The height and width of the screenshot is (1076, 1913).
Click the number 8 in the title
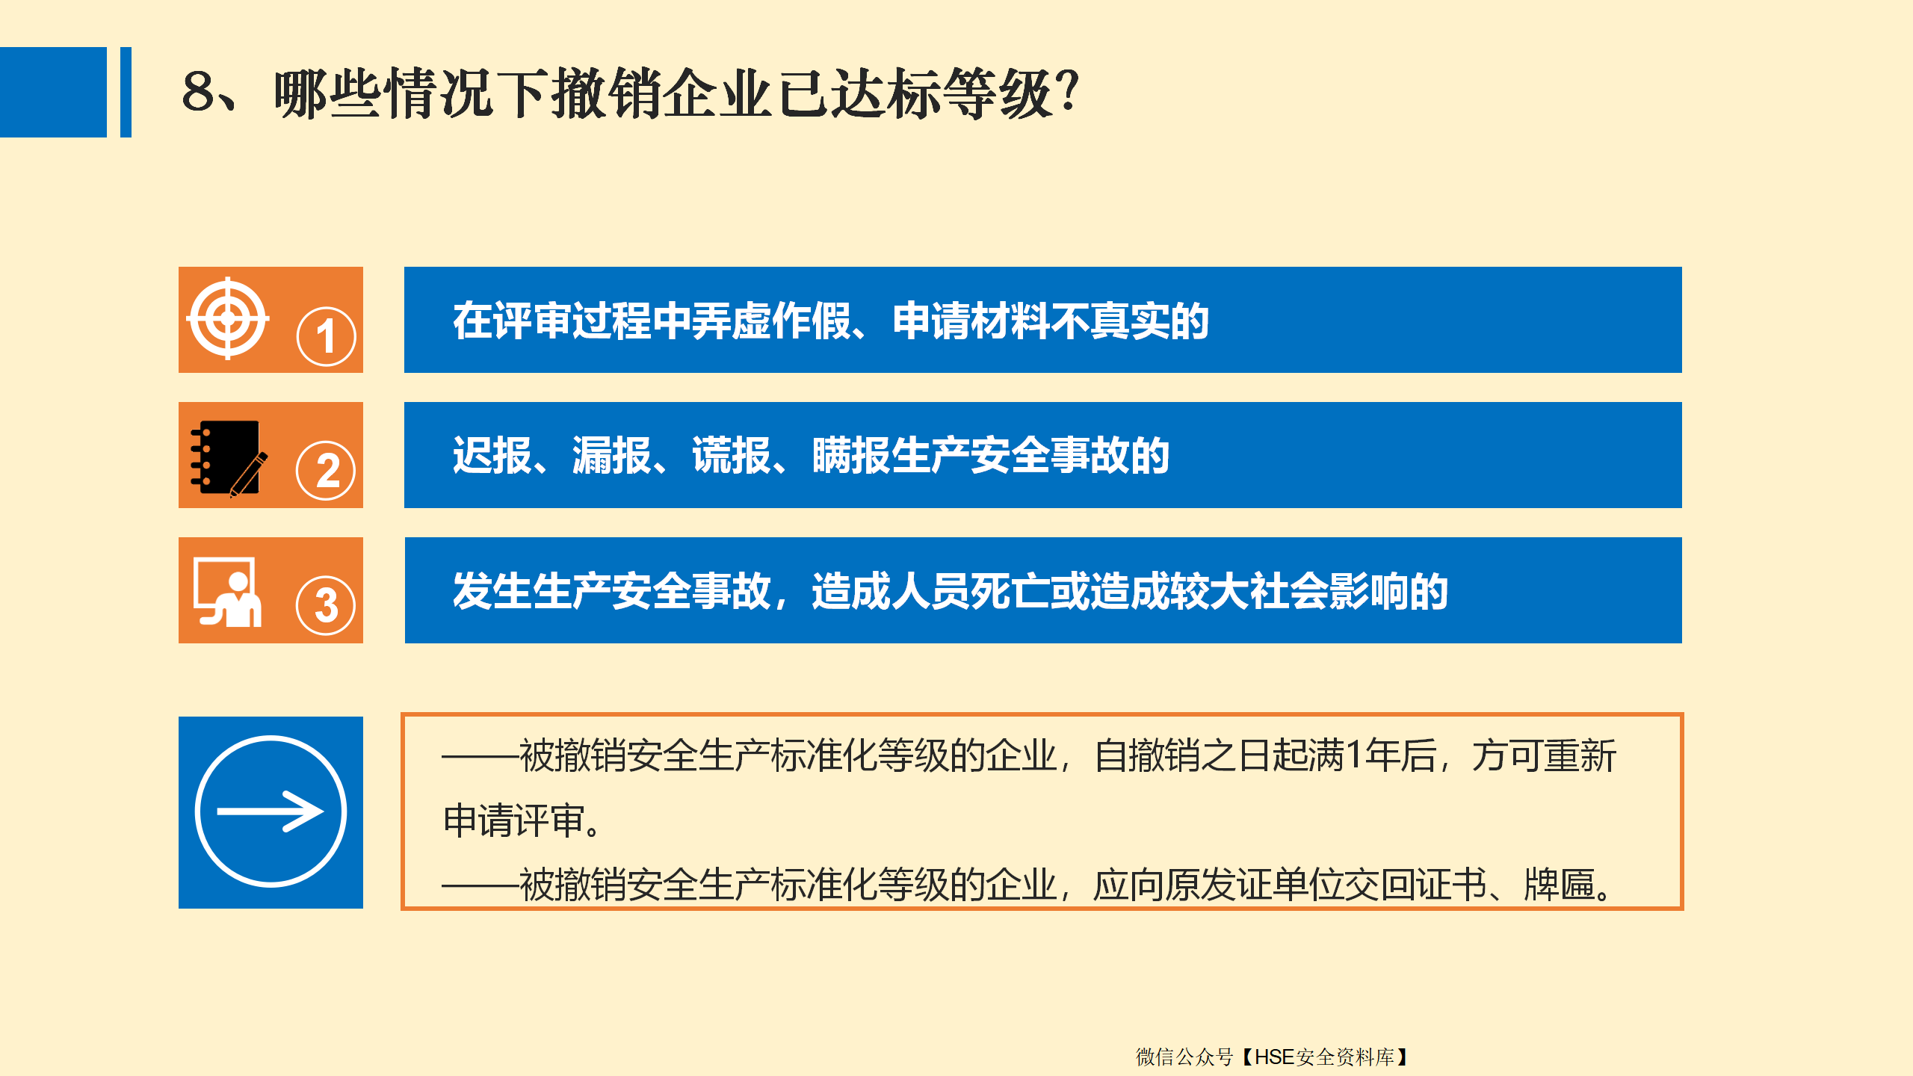click(199, 92)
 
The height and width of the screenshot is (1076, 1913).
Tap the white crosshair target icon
click(228, 318)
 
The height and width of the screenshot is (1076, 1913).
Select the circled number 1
click(326, 336)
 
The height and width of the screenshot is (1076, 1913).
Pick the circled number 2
click(326, 471)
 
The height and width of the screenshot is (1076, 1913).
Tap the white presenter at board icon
click(227, 591)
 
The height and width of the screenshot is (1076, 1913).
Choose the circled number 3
click(326, 605)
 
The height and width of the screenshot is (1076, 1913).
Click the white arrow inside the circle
click(271, 811)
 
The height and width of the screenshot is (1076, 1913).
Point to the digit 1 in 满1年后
click(1353, 755)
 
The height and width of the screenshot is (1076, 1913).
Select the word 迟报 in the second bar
click(492, 455)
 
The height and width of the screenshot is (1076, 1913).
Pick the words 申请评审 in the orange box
click(514, 820)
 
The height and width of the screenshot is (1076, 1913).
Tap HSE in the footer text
click(1275, 1057)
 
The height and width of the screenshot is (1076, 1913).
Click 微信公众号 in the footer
click(1184, 1057)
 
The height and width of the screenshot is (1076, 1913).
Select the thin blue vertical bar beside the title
click(126, 92)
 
